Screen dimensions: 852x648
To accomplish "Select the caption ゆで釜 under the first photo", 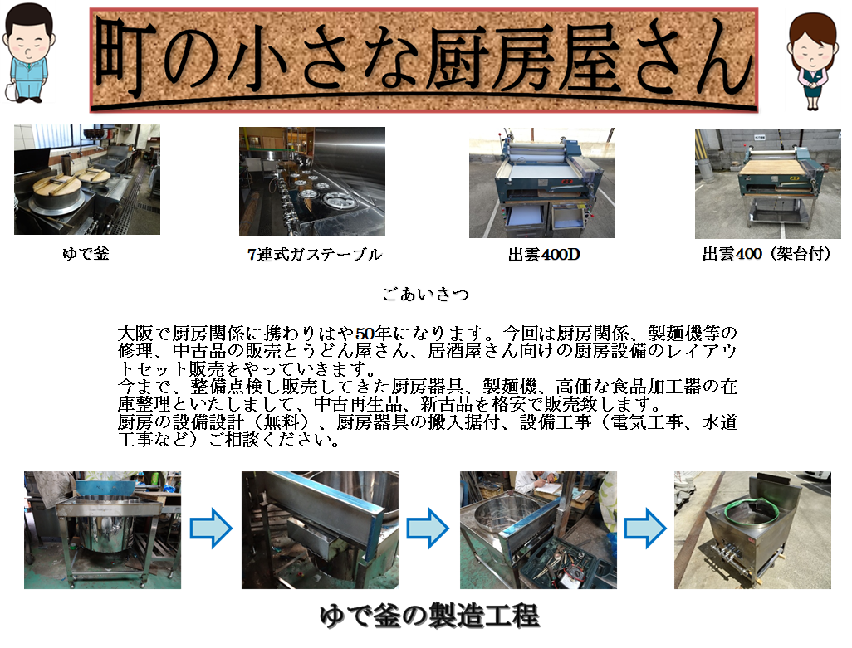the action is coord(86,253).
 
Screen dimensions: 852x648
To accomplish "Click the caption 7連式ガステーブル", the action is coord(315,254).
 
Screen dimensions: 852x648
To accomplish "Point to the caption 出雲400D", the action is coord(544,254).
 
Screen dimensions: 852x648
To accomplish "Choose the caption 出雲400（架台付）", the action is coord(766,253).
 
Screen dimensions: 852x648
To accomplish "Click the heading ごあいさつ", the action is coord(425,295).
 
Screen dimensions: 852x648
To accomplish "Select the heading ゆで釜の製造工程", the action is coord(429,616).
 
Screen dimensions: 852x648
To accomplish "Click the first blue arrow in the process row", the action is coord(211,528).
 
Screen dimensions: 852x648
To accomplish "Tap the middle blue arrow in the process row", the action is coord(428,528).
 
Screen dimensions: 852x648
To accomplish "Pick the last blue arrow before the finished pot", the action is coord(645,528).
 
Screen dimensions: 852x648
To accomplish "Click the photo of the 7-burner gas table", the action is coord(312,182).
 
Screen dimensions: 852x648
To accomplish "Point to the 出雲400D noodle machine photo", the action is coord(541,183).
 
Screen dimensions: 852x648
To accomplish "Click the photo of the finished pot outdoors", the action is coord(752,530).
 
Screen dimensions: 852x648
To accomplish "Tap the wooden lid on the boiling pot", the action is coord(56,186).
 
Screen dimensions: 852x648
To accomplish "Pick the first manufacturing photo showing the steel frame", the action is coord(102,530).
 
